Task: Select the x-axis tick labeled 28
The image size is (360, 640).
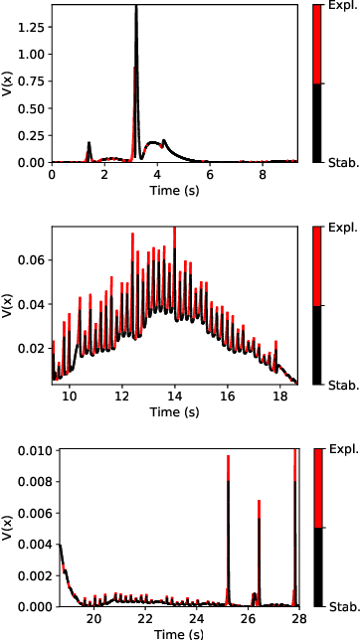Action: tap(295, 618)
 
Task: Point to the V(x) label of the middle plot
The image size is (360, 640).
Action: tap(8, 304)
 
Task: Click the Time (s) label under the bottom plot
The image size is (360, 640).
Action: tap(175, 632)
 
